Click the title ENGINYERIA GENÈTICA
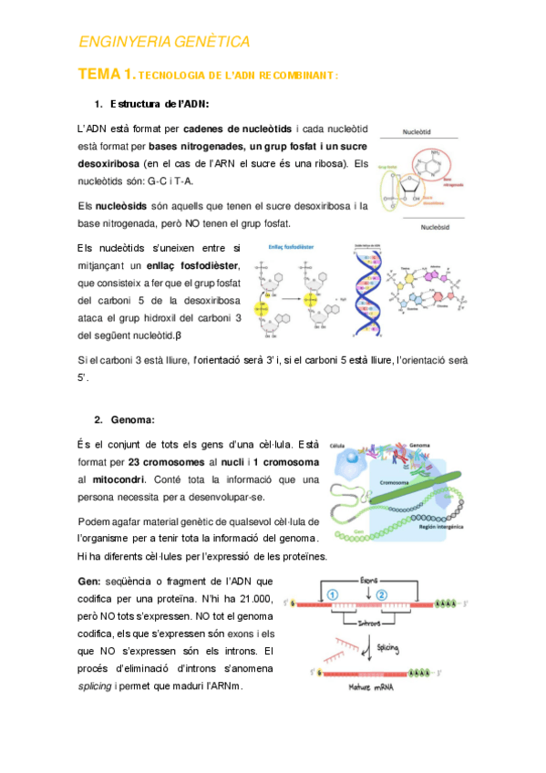[164, 42]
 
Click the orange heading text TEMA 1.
[107, 74]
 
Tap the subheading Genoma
[132, 419]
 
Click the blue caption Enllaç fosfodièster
[293, 248]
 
